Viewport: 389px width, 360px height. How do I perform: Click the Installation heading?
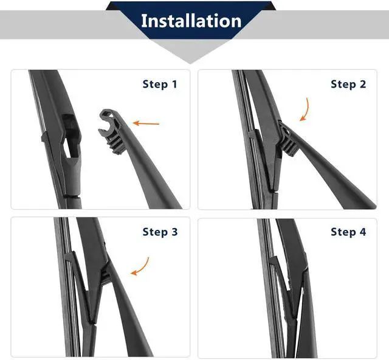(191, 21)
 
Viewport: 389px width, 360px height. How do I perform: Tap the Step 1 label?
(160, 84)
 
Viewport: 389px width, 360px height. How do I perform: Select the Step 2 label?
(348, 84)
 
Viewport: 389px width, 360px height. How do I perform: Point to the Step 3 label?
(160, 232)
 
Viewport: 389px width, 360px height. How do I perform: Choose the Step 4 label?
(348, 232)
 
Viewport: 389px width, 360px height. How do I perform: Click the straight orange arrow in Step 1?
(146, 123)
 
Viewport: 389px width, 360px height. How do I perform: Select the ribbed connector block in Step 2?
(288, 146)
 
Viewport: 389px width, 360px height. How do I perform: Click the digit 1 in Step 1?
(174, 84)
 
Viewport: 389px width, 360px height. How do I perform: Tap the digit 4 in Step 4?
(363, 232)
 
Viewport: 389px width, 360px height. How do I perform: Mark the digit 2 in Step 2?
(363, 84)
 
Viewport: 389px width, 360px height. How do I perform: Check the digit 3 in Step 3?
(174, 232)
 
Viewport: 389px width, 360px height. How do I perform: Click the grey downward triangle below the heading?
(190, 51)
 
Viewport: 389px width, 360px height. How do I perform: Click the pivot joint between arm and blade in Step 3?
(106, 274)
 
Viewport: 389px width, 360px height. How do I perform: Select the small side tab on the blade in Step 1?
(44, 138)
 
